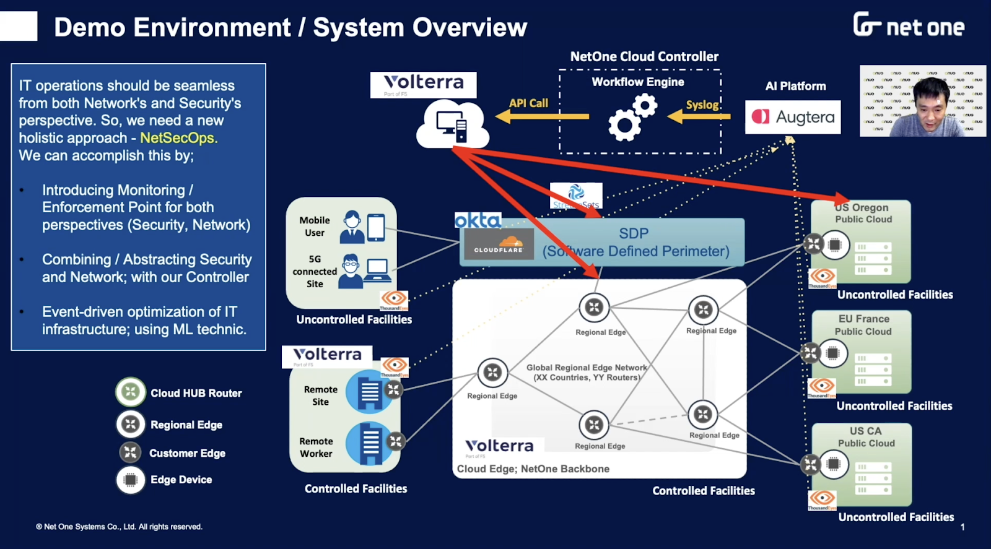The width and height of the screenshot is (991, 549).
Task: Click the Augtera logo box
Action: (x=793, y=117)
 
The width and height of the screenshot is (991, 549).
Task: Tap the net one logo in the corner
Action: (x=909, y=25)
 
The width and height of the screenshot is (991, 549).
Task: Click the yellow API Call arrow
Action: (x=543, y=116)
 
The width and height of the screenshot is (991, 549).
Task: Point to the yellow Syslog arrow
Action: (x=699, y=116)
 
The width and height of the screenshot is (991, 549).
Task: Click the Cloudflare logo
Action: (x=499, y=244)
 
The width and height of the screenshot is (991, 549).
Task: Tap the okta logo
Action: (x=478, y=220)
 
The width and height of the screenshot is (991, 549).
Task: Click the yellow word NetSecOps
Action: (x=178, y=137)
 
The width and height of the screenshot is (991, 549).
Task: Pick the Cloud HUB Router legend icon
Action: (x=130, y=392)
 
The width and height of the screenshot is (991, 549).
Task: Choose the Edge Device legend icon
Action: (x=130, y=480)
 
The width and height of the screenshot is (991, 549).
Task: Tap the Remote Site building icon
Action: (x=369, y=391)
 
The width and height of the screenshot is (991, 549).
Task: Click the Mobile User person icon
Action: (x=352, y=227)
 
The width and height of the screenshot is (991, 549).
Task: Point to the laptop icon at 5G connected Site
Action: (x=377, y=270)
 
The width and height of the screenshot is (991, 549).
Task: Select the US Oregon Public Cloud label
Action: (x=863, y=214)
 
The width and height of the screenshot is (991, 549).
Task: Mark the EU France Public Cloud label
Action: (x=863, y=325)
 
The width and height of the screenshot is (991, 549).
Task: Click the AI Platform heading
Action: (x=795, y=86)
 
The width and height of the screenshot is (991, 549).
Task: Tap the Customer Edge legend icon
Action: (x=130, y=452)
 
